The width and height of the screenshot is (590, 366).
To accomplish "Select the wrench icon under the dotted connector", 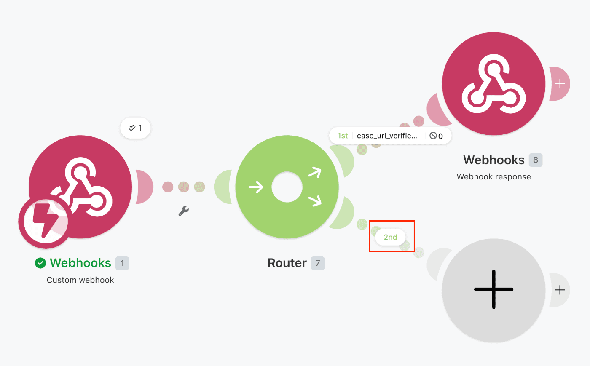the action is click(x=184, y=211).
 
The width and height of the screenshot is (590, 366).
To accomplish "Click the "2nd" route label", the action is click(x=390, y=237).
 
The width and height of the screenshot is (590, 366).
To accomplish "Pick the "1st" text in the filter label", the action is click(x=342, y=136).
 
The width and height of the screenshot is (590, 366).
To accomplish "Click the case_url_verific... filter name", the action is click(x=387, y=136).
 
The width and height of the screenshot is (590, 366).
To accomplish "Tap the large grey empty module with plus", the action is click(x=493, y=290).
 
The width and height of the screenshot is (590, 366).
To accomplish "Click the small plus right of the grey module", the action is click(x=560, y=290).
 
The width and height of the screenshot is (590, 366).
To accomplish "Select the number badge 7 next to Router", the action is click(x=318, y=263).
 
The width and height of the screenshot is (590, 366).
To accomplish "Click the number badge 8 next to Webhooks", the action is click(x=536, y=160).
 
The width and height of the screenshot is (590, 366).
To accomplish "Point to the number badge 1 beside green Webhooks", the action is click(x=122, y=263).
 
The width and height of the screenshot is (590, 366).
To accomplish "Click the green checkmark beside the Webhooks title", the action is click(x=40, y=263).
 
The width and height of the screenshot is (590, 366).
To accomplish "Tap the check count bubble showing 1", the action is click(x=135, y=128).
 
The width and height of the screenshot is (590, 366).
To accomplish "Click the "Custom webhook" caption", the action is click(x=80, y=280).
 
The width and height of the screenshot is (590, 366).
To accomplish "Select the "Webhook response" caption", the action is click(x=493, y=176).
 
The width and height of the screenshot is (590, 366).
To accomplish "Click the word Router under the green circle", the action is click(x=287, y=263).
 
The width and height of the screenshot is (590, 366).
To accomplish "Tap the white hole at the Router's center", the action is click(x=287, y=187).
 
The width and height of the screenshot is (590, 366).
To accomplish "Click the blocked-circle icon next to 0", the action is click(x=433, y=136).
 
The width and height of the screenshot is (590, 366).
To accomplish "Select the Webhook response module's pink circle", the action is click(x=493, y=84).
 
